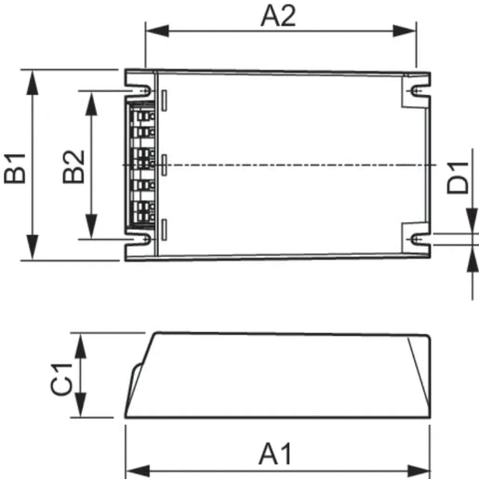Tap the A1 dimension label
pyautogui.click(x=276, y=454)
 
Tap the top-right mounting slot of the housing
pyautogui.click(x=417, y=90)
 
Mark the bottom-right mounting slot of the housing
pyautogui.click(x=417, y=239)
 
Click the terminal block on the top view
pyautogui.click(x=140, y=165)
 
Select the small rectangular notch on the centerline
pyautogui.click(x=165, y=165)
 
